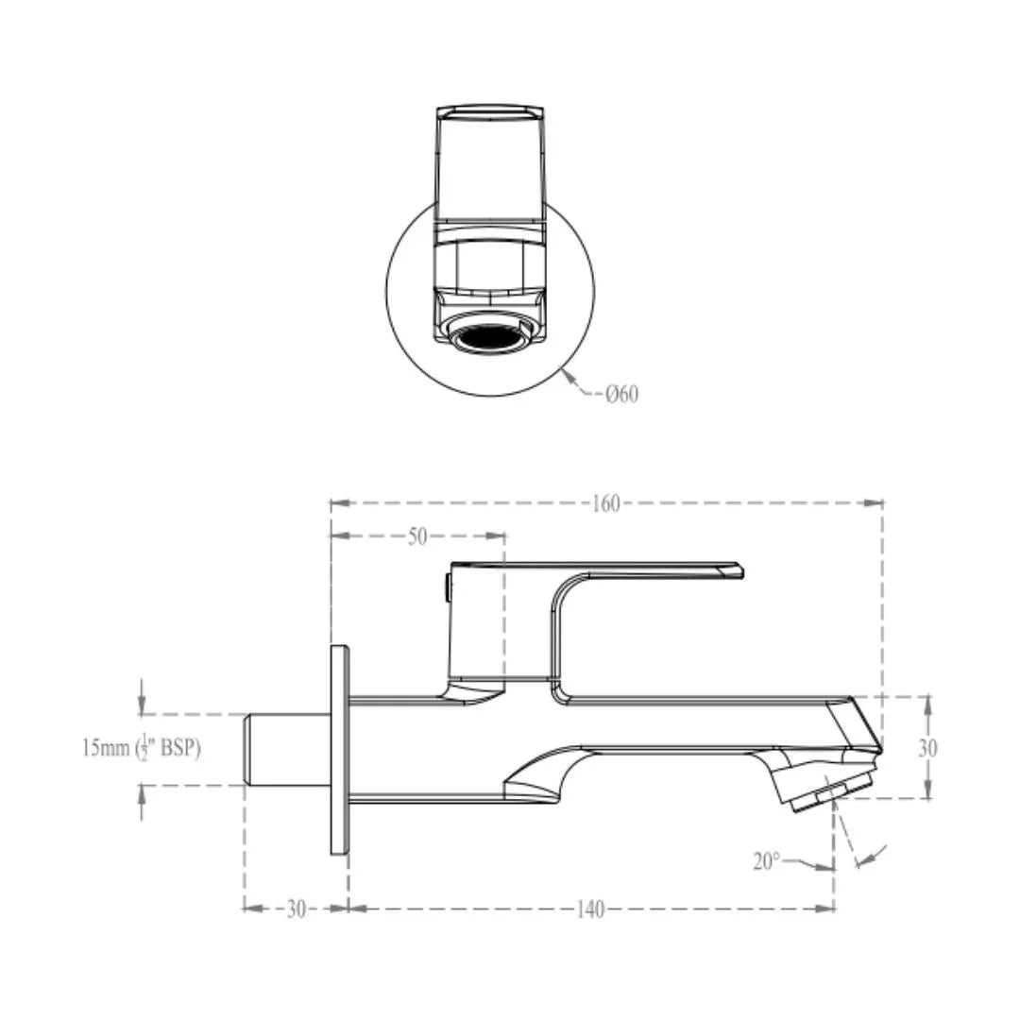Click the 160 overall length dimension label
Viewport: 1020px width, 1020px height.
click(x=606, y=503)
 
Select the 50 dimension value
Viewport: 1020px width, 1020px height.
click(x=417, y=536)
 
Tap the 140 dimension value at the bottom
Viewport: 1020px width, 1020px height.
click(x=590, y=909)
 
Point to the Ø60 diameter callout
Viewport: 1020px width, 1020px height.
click(x=622, y=394)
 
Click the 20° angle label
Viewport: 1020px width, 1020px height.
click(x=767, y=861)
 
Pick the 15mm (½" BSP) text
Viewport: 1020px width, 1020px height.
click(x=142, y=749)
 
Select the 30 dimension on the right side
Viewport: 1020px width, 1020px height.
click(x=928, y=748)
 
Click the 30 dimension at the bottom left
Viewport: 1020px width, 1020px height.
click(x=296, y=909)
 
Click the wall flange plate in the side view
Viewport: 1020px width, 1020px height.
click(x=339, y=750)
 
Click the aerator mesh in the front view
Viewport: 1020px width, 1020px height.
click(x=489, y=336)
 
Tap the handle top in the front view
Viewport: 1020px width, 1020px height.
click(x=489, y=114)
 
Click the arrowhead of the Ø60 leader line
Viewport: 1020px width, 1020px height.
click(x=567, y=376)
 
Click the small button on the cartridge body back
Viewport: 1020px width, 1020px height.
click(x=447, y=587)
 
